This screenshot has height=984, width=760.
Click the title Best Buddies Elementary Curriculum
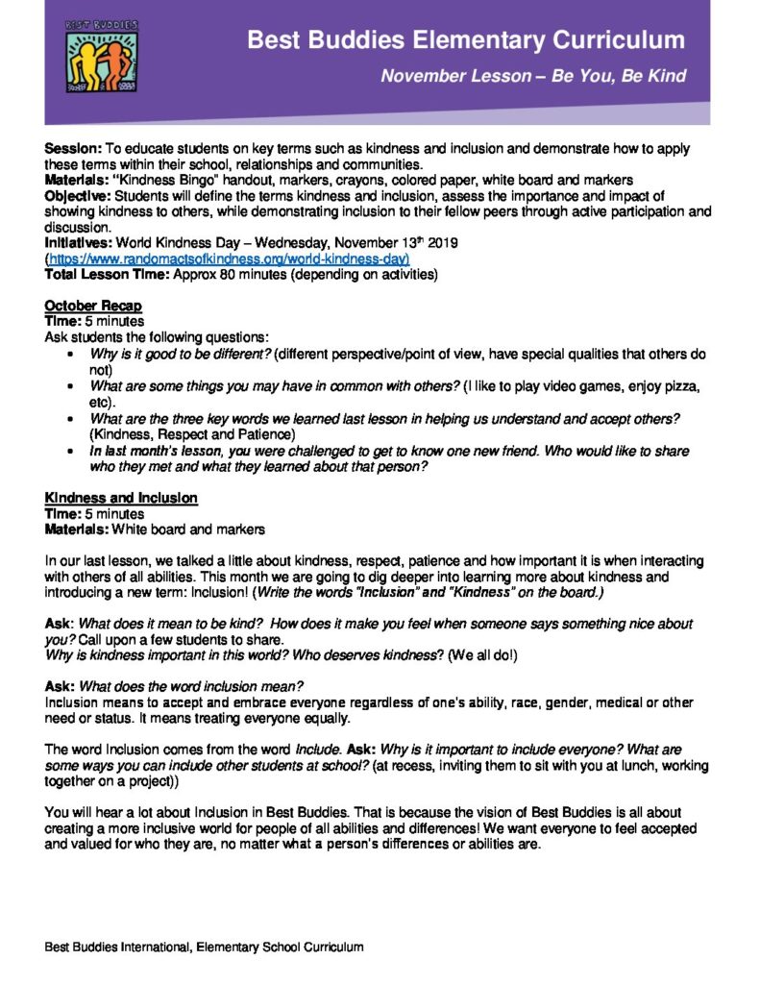(x=466, y=40)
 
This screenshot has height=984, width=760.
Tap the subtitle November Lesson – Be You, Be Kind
(x=533, y=76)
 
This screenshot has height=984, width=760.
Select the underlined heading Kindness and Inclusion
(x=121, y=498)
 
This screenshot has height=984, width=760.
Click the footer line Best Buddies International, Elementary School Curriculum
(x=204, y=947)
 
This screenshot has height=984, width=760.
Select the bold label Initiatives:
(x=78, y=244)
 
